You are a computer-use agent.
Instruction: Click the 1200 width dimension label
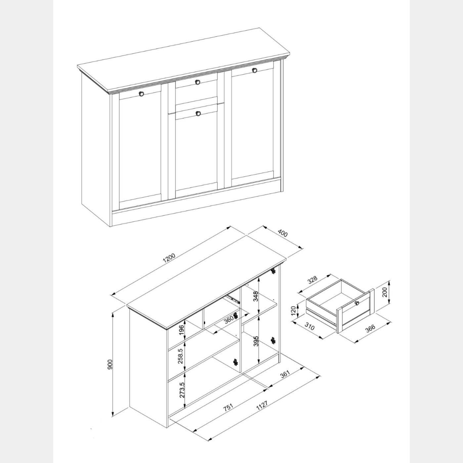pyautogui.click(x=170, y=258)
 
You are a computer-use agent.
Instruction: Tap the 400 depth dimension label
pyautogui.click(x=282, y=233)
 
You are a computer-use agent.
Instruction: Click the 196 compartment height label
pyautogui.click(x=182, y=330)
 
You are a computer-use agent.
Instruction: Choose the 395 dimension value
pyautogui.click(x=256, y=341)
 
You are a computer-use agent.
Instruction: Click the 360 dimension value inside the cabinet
pyautogui.click(x=229, y=319)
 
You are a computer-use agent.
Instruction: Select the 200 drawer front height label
pyautogui.click(x=385, y=292)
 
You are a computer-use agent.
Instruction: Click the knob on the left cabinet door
pyautogui.click(x=141, y=94)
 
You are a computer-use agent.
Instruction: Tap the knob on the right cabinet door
pyautogui.click(x=255, y=70)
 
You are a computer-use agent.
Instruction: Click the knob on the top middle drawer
pyautogui.click(x=197, y=82)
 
